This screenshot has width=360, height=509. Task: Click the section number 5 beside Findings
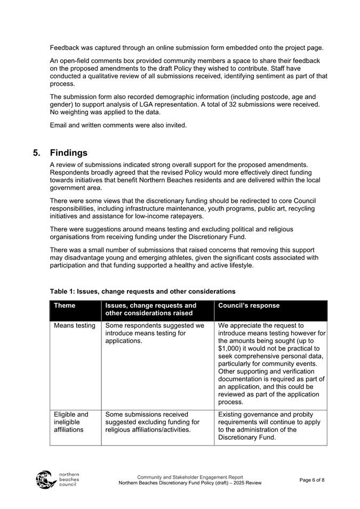point(36,153)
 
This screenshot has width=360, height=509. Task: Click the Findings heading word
point(68,153)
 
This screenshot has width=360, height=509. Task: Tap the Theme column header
point(65,306)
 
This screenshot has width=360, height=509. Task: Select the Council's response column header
point(249,306)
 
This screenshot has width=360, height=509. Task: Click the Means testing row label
point(75,325)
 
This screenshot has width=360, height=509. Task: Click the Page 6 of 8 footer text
point(312,480)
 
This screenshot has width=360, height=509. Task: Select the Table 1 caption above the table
point(142,291)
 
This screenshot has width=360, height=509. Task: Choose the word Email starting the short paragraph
point(60,125)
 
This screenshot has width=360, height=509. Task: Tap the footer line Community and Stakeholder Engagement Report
point(190,477)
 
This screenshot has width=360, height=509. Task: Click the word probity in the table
point(301,414)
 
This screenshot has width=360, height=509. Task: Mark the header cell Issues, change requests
point(151,309)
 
